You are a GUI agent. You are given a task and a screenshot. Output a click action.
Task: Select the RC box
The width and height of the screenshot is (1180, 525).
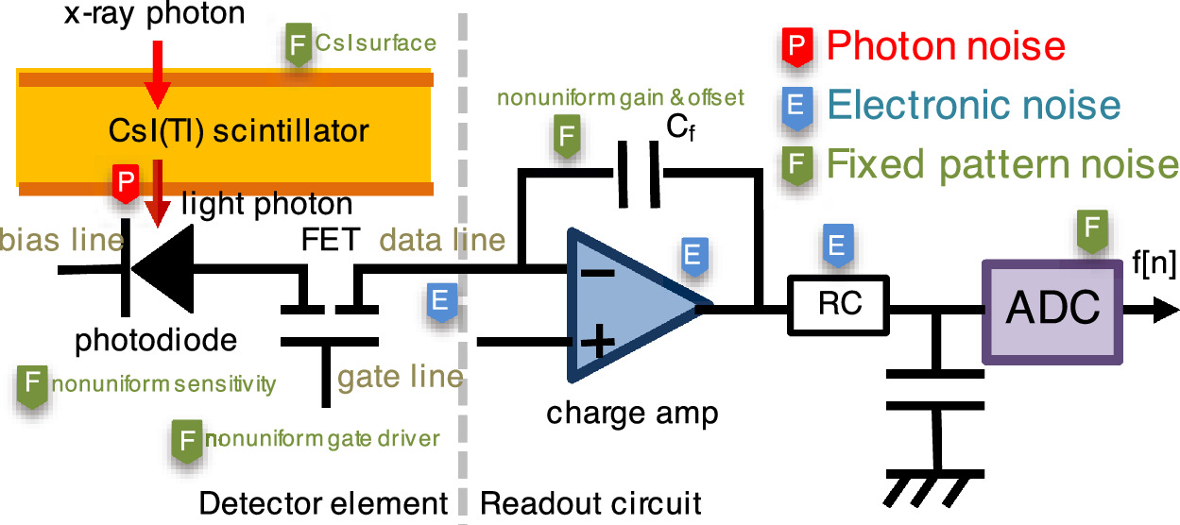(x=839, y=306)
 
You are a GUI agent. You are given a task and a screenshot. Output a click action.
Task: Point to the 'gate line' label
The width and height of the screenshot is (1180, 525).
(x=401, y=377)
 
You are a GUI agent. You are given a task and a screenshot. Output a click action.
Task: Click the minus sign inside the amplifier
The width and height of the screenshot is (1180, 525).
(x=595, y=273)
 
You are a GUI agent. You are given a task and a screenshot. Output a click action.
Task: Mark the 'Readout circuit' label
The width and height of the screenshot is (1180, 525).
(x=591, y=502)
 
